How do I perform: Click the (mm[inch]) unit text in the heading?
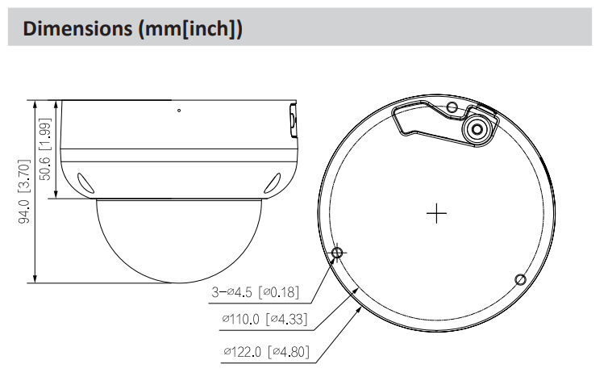coord(191,29)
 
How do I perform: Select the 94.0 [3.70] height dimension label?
coord(23,192)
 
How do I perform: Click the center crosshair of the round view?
coord(436,213)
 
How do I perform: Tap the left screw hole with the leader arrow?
coord(338,253)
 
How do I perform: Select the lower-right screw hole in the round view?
coord(520,279)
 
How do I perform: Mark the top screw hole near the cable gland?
coord(452,107)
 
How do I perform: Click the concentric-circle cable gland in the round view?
coord(477,128)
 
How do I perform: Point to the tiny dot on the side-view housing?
coord(179,111)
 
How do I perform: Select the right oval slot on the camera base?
coord(274,182)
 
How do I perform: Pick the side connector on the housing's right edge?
coord(293,123)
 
